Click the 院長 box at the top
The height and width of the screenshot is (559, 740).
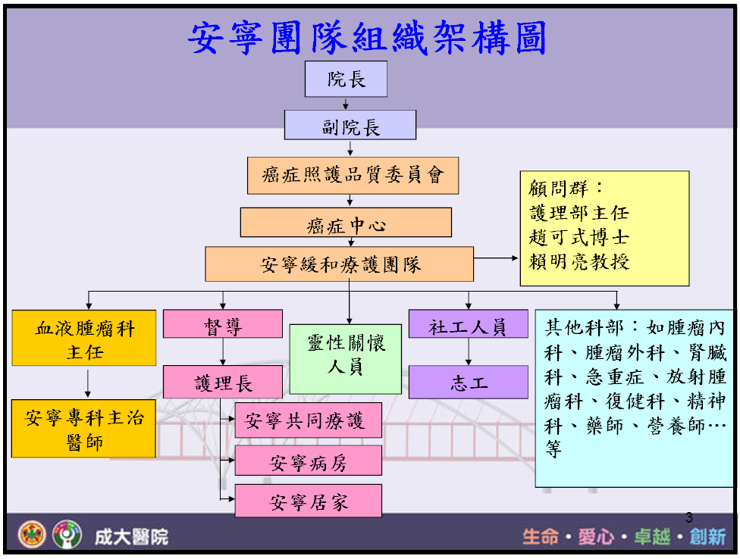coord(346,79)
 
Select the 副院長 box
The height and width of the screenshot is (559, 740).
coord(350,125)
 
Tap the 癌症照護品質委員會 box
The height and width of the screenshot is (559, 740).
coord(353,175)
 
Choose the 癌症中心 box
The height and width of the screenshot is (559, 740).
coord(346,223)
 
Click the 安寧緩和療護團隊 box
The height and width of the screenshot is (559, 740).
coord(340,264)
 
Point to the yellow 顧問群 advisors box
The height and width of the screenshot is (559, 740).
coord(604,228)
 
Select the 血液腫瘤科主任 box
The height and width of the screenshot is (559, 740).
coord(84,338)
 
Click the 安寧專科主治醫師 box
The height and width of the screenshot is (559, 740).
coord(84,429)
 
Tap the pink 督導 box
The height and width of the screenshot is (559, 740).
coord(223,323)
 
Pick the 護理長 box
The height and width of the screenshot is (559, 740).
coord(223,382)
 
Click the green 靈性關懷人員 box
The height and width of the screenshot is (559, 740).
coord(346,359)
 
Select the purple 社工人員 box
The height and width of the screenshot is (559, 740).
coord(468,323)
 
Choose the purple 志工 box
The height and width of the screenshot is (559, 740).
coord(468,382)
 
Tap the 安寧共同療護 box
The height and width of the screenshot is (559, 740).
coord(308,420)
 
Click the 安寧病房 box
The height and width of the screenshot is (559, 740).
coord(308,461)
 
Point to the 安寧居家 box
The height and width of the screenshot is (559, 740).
coord(308,501)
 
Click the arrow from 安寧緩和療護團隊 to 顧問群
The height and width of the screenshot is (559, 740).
coord(496,258)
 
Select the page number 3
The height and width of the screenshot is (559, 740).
coord(689,517)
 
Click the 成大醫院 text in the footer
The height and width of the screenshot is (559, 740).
coord(131,537)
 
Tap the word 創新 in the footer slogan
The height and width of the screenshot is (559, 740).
coord(708,536)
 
